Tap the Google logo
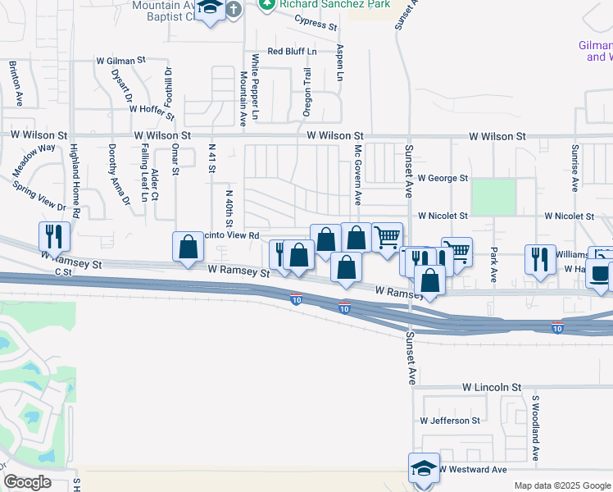click(28, 482)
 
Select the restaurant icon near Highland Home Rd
click(55, 237)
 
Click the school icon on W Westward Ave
click(424, 468)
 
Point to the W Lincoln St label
click(491, 386)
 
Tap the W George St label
click(442, 177)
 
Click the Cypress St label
click(316, 24)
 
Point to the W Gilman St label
click(120, 60)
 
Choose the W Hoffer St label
click(142, 107)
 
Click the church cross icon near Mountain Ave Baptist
click(234, 10)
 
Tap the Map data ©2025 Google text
click(561, 485)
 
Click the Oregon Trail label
click(307, 92)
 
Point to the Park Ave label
click(494, 262)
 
